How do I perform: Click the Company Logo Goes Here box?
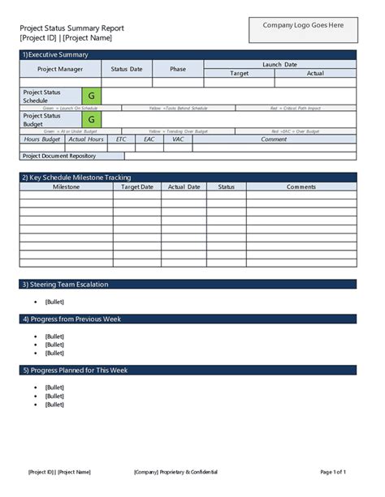(303, 25)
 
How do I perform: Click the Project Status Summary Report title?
(71, 28)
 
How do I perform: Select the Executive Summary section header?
(57, 54)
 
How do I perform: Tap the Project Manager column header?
(50, 69)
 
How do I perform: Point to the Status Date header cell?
(126, 69)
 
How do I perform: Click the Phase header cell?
(178, 69)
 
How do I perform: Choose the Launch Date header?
(279, 64)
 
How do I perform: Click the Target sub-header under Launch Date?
(240, 74)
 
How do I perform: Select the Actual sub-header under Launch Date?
(315, 74)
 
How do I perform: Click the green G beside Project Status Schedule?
(91, 96)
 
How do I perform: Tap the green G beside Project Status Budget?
(91, 119)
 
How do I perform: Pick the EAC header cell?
(149, 139)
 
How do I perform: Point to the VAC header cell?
(178, 139)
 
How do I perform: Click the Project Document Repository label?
(59, 155)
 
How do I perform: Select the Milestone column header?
(66, 186)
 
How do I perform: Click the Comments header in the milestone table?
(301, 186)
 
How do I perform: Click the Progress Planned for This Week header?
(78, 371)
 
